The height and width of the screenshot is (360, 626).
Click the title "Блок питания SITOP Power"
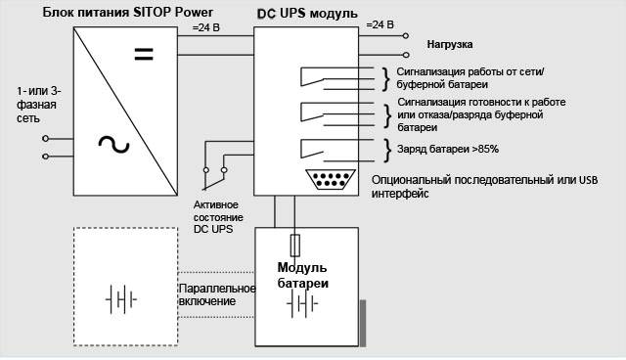[128, 13]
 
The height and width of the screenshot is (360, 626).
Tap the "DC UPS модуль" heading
[307, 14]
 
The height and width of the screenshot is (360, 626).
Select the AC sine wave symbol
[113, 145]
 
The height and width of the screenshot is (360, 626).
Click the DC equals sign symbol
[144, 54]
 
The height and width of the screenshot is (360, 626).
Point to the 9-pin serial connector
[331, 179]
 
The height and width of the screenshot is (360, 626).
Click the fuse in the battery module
[295, 246]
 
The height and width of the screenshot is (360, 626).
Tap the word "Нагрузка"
[450, 44]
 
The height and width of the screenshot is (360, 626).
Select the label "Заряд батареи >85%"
[448, 150]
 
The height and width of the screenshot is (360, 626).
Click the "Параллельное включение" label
[217, 294]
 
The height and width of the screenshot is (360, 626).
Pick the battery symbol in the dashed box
[121, 299]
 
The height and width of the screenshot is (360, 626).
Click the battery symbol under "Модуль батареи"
[302, 303]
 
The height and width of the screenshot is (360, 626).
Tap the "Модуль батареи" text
[302, 275]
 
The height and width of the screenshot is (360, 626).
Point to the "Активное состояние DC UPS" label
[218, 217]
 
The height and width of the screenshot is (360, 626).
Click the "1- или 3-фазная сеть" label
[39, 105]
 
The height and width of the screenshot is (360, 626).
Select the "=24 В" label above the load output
[380, 24]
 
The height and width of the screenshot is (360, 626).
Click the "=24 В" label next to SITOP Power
[206, 27]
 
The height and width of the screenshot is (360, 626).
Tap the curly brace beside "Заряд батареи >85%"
[387, 151]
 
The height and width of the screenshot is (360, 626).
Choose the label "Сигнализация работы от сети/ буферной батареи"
[470, 78]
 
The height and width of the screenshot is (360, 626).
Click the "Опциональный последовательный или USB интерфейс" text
[485, 187]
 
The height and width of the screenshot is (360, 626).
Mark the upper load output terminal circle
[406, 36]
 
